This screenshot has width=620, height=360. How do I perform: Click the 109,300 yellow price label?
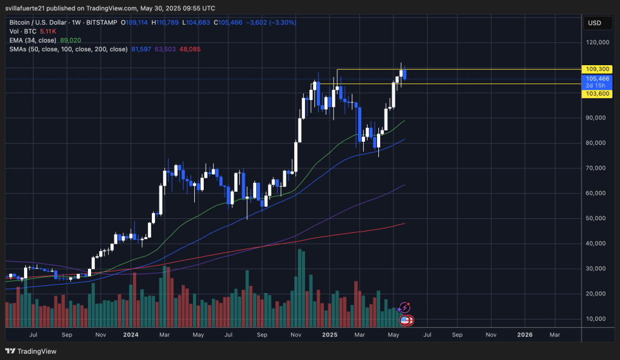click(598, 69)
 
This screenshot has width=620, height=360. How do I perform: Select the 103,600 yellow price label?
click(598, 94)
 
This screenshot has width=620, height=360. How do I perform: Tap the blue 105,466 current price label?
click(598, 78)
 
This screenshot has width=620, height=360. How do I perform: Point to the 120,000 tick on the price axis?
click(598, 43)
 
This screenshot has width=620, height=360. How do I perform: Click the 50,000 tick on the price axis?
click(597, 218)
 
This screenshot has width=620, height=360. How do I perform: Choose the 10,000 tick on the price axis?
click(597, 318)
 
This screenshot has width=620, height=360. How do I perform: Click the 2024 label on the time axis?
click(131, 334)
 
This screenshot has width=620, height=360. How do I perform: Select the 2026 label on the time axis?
click(524, 334)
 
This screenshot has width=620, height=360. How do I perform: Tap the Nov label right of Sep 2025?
click(490, 334)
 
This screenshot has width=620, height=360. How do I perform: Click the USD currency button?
click(594, 23)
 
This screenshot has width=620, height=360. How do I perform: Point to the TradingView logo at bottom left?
click(31, 351)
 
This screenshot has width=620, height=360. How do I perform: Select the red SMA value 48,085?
click(190, 49)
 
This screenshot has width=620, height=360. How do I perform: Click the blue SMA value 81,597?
click(141, 49)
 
